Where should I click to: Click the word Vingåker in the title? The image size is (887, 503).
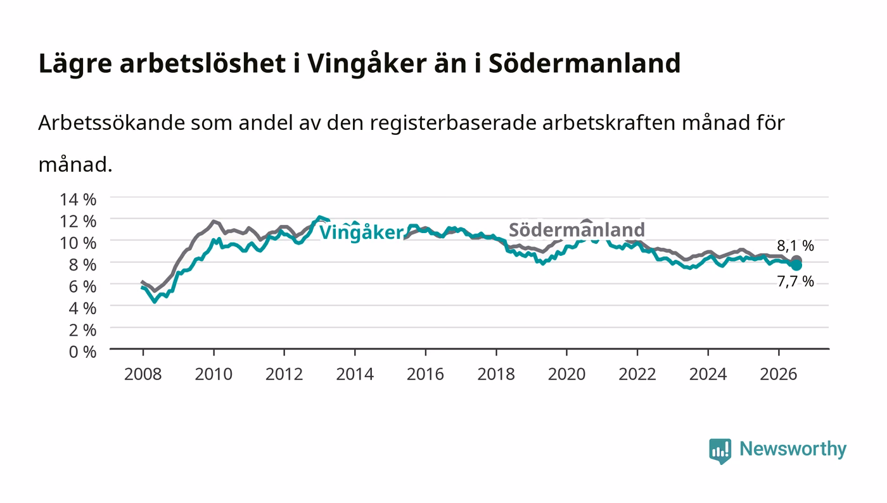point(367,64)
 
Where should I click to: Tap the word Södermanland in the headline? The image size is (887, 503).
point(584,63)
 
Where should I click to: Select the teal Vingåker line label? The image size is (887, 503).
point(362,232)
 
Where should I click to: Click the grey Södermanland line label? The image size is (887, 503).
point(577,230)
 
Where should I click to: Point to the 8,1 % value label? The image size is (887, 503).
point(795,246)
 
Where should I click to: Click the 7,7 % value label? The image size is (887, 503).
point(795,282)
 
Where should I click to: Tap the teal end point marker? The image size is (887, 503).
point(796,265)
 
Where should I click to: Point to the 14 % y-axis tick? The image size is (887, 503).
point(78,200)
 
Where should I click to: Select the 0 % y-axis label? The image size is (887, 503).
point(82,352)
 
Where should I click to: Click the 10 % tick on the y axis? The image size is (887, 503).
point(78,243)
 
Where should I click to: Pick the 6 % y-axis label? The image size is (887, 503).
point(82,287)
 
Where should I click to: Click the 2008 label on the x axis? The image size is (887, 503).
point(143,374)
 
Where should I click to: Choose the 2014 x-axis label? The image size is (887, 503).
point(355,374)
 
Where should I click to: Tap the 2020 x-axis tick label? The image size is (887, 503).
point(566,374)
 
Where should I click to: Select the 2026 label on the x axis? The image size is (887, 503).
point(779,374)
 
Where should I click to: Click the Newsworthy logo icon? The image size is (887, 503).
point(720,450)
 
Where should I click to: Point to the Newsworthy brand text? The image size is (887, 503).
point(793,449)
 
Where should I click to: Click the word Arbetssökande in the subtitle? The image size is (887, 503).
point(112,123)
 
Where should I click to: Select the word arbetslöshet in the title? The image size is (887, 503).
point(203,63)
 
